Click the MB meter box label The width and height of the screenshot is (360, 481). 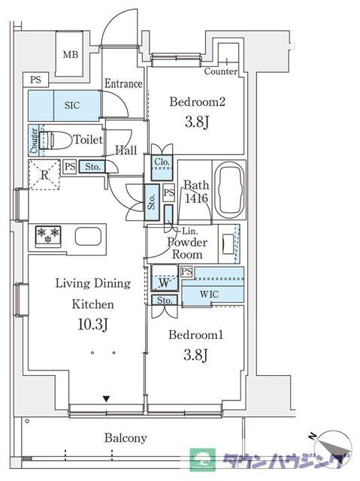coord(71,55)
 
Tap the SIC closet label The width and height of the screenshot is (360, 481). coord(72,105)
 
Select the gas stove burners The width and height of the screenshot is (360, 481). coord(48,237)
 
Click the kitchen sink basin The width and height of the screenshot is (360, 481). coord(88,236)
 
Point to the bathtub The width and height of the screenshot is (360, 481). coord(229,191)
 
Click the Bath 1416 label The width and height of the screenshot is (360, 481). coord(196,192)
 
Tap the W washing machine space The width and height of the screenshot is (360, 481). coord(165,278)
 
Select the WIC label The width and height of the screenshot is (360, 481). coord(210,294)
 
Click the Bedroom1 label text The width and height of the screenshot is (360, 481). coord(196,334)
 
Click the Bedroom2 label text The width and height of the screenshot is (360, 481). coord(197,101)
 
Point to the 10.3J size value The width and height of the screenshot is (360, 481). coord(92,324)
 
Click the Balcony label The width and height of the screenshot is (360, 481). coord(126,438)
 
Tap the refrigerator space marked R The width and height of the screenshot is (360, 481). coord(44,174)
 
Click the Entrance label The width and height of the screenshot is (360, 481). coord(123,83)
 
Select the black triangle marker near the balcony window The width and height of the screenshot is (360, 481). coord(106,399)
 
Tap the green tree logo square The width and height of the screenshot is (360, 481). coord(202,459)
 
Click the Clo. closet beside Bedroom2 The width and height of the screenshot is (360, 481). coord(162,168)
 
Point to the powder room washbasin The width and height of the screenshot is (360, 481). coord(227,244)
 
